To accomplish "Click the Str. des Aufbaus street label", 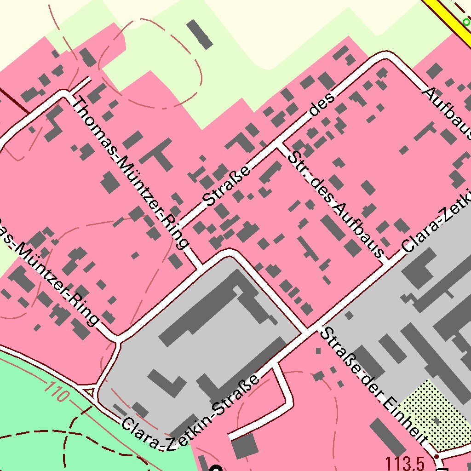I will pos(336,203).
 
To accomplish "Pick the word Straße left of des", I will pos(227,186).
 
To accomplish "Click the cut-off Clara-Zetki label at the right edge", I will pos(437,223).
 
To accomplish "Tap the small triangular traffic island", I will pos(90,392).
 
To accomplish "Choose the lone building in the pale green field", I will pos(200,34).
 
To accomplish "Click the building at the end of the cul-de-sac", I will pos(245,445).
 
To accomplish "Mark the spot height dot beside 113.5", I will pos(436,456).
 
